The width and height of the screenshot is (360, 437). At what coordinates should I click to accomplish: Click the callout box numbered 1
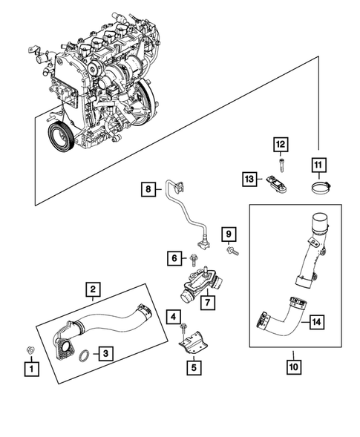[x=30, y=367]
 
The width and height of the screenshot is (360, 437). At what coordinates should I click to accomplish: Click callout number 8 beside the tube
[x=148, y=190]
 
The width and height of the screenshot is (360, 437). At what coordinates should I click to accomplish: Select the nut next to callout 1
[x=30, y=348]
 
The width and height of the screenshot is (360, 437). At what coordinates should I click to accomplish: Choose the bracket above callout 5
[x=192, y=339]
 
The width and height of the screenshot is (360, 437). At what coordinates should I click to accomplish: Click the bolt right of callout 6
[x=194, y=259]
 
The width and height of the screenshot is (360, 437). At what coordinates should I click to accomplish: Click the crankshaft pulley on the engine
[x=56, y=137]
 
